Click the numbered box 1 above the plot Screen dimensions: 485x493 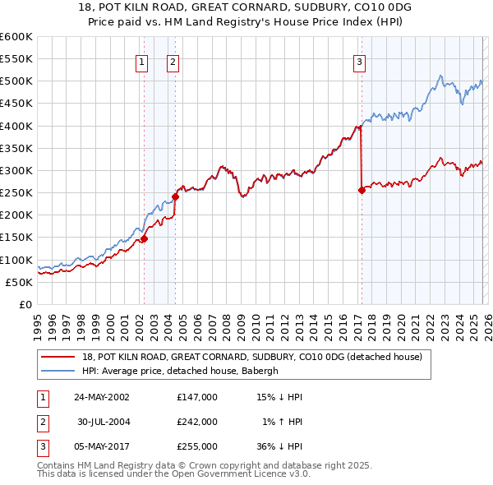142,60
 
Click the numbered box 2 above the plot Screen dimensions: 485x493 173,60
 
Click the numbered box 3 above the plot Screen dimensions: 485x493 360,60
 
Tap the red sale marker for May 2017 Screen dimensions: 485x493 362,190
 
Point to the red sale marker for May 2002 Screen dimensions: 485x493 144,238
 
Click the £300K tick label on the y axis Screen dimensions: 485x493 16,170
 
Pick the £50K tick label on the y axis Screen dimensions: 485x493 19,282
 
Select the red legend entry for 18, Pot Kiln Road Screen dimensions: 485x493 251,357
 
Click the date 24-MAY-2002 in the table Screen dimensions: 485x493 101,396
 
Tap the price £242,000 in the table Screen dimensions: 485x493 197,421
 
